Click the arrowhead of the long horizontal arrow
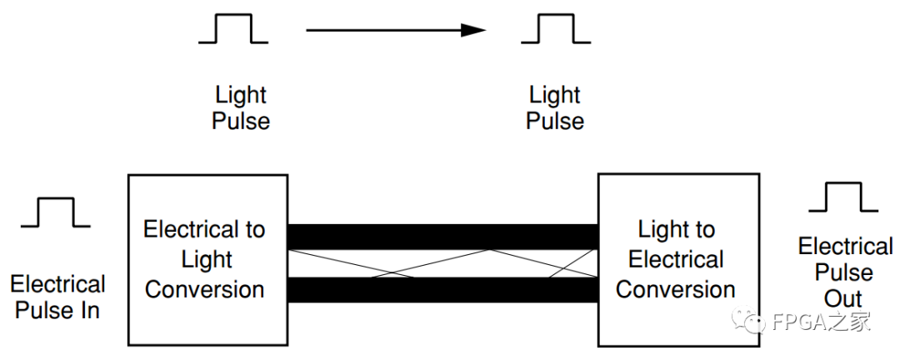pos(475,31)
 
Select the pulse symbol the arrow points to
pos(556,31)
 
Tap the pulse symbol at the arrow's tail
pos(232,31)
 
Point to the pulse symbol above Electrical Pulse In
pos(55,212)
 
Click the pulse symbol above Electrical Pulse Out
pos(843,197)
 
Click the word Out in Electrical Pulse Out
pos(843,299)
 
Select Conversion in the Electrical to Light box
pos(204,289)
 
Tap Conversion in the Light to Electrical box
pos(676,289)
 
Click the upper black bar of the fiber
pos(442,237)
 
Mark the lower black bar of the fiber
pos(442,290)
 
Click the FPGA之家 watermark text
pos(820,322)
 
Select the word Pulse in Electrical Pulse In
pos(43,311)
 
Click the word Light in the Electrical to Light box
pos(206,259)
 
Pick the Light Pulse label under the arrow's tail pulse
pos(241,107)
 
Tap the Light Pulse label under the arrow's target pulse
pos(555,107)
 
